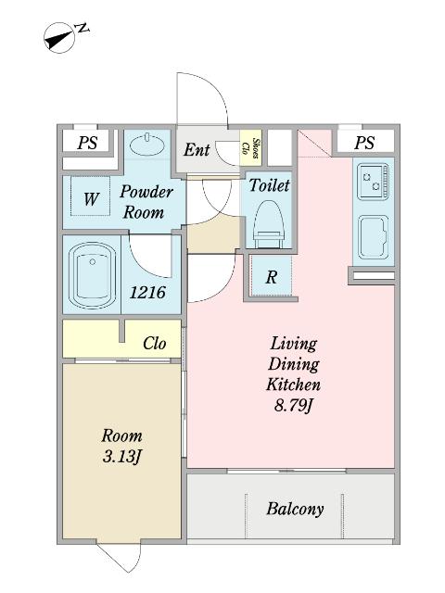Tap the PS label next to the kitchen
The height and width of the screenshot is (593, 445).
364,143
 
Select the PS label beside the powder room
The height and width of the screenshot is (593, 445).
87,143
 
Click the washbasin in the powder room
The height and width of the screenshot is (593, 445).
146,144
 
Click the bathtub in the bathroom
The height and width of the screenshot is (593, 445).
92,275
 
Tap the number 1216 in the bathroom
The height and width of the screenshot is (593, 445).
147,293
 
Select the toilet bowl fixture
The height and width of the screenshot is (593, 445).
269,224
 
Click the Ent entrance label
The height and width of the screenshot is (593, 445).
197,150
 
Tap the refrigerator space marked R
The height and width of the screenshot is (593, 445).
271,276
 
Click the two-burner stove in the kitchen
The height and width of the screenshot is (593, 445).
373,182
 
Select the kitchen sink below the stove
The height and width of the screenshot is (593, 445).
373,237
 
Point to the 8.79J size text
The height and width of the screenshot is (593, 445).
294,406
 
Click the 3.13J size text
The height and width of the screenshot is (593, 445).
121,457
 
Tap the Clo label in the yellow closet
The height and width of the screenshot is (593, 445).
154,344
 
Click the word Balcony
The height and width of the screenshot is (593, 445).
295,509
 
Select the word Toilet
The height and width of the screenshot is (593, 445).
269,185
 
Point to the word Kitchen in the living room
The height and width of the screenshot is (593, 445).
293,385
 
